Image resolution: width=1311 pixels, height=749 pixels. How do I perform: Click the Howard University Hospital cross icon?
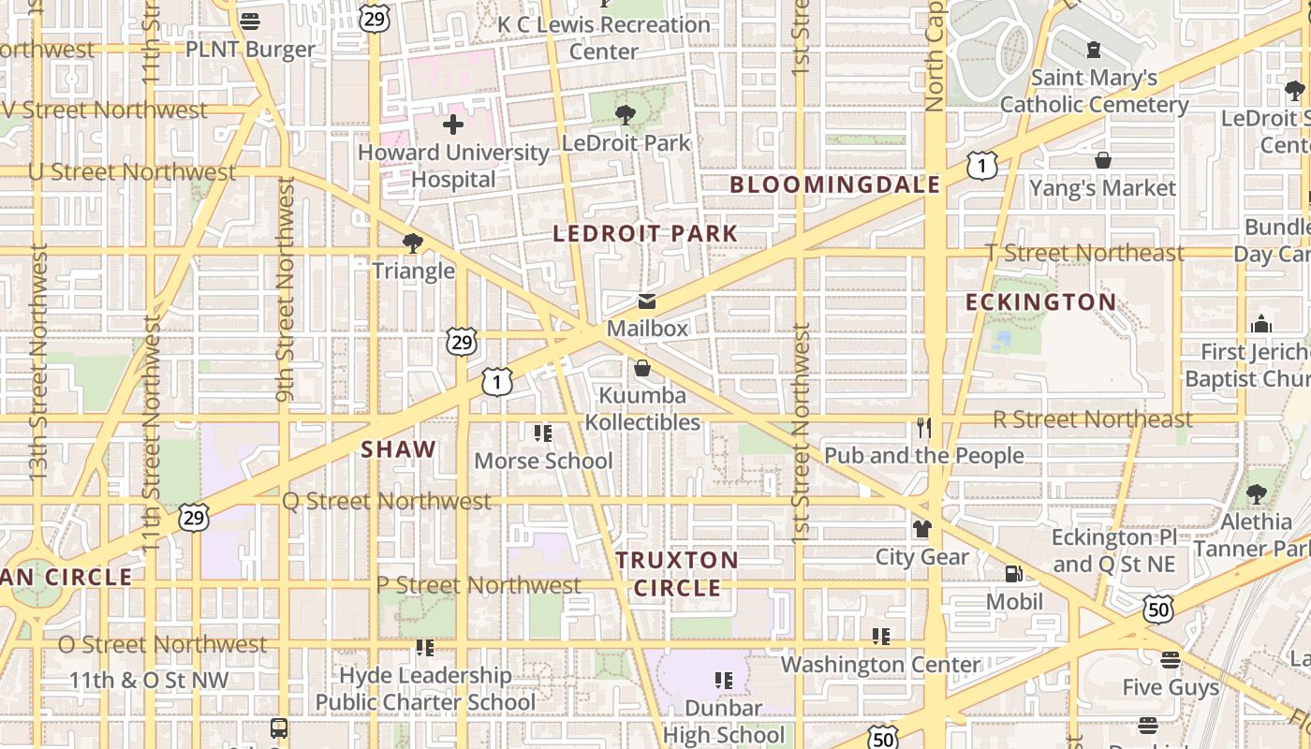point(453,124)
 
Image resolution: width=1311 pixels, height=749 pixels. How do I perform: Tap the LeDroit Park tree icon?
point(625,114)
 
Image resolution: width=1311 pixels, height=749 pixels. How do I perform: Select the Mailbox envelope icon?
point(646,301)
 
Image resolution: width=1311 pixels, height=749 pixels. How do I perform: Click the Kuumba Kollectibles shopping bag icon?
point(642,368)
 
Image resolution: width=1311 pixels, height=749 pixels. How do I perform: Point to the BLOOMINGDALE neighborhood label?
point(834,184)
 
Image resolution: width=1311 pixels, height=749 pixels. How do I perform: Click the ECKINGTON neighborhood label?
point(1040,302)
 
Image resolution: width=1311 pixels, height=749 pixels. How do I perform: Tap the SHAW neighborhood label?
point(399,449)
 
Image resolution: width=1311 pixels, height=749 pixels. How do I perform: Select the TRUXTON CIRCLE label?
point(677,574)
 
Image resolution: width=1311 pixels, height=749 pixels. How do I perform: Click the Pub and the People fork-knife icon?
point(923,428)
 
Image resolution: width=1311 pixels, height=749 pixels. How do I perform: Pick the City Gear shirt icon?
point(922,529)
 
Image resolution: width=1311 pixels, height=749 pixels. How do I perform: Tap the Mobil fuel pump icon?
point(1013,574)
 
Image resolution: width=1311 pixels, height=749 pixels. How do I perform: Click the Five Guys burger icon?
point(1170,660)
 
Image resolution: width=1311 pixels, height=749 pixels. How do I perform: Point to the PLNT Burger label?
point(250,50)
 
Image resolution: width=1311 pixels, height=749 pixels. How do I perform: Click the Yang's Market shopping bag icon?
point(1103,160)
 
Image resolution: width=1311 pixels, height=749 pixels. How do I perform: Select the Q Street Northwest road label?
point(387,502)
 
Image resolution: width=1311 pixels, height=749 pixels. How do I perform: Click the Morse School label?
point(543,461)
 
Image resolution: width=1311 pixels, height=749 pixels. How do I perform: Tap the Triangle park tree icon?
point(412,243)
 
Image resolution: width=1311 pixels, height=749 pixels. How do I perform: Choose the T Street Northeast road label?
point(1084,253)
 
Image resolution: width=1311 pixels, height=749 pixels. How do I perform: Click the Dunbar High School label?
point(724,721)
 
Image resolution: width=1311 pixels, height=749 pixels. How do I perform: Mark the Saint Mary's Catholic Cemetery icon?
point(1093,49)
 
